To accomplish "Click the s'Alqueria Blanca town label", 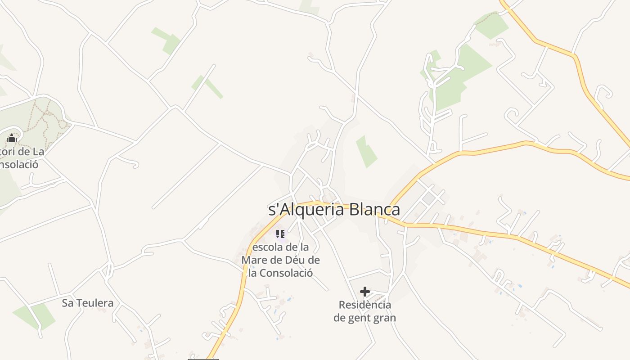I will tap(334, 210).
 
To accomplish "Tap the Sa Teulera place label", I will tap(88, 303).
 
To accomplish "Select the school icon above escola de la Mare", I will tap(280, 234).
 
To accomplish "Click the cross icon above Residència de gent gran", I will tap(365, 292).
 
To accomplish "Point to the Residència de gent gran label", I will tap(365, 311).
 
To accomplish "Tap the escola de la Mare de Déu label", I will tap(280, 260).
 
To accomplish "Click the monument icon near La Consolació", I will tap(12, 138).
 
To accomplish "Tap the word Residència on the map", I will tap(365, 305).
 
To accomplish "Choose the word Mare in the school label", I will tap(253, 260).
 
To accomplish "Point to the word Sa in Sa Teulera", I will tap(67, 303).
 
